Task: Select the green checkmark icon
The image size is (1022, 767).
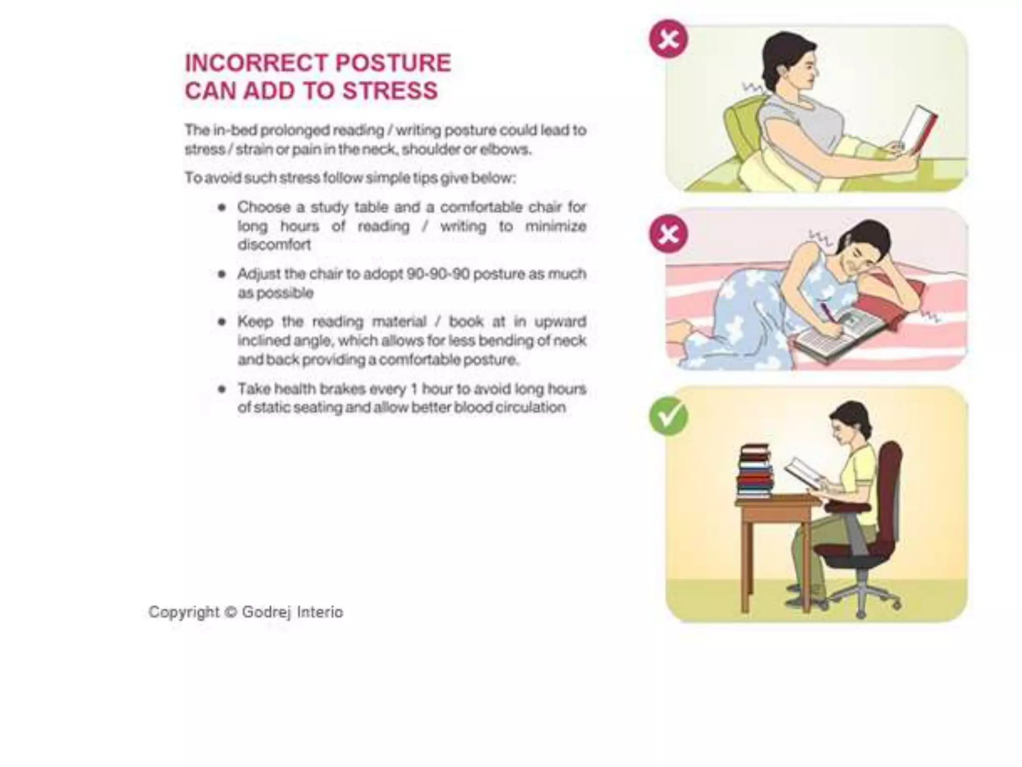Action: (x=668, y=416)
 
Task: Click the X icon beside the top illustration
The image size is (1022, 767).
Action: (x=668, y=39)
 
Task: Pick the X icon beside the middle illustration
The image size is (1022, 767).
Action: (x=668, y=234)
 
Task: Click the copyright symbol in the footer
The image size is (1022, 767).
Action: (x=230, y=612)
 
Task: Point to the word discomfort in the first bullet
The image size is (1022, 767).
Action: (x=274, y=245)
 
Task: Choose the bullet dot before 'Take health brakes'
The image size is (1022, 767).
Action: (x=222, y=389)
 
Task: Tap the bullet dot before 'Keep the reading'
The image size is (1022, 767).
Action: (x=222, y=322)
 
